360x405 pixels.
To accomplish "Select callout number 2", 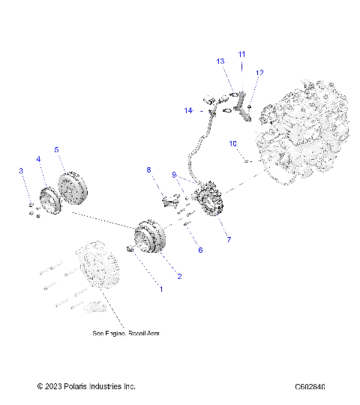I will coord(179,276).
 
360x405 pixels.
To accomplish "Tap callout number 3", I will coord(22,172).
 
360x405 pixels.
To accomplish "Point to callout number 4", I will coord(38,159).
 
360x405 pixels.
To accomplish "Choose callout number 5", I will coord(57,149).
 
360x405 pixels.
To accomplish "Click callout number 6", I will coord(199,250).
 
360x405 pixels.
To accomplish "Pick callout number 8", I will coord(148,169).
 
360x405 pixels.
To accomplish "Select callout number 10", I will coord(232,142).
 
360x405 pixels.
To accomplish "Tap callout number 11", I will coord(241,54).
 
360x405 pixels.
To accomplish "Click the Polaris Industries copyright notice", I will coord(86,387).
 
